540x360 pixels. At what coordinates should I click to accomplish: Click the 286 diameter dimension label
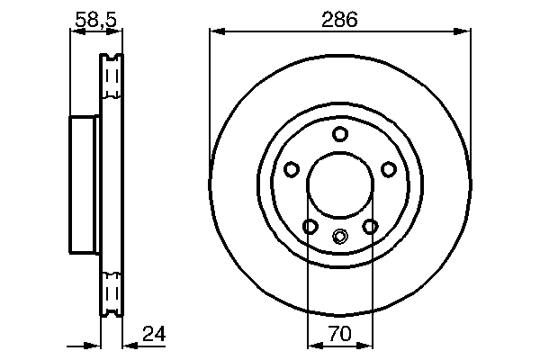pyautogui.click(x=339, y=18)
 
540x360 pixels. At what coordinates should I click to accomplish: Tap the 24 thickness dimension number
pyautogui.click(x=154, y=336)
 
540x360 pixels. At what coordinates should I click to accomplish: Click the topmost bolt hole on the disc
pyautogui.click(x=339, y=135)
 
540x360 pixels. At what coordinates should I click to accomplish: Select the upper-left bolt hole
pyautogui.click(x=291, y=169)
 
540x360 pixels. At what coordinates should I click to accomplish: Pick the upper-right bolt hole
pyautogui.click(x=389, y=169)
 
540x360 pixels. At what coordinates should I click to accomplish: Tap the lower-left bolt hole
pyautogui.click(x=310, y=227)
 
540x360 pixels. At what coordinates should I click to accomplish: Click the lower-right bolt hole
pyautogui.click(x=370, y=227)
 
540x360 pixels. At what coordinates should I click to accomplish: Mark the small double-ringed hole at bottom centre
pyautogui.click(x=339, y=238)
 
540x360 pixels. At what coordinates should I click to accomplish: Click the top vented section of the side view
pyautogui.click(x=112, y=81)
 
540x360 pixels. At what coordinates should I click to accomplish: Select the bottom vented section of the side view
pyautogui.click(x=112, y=292)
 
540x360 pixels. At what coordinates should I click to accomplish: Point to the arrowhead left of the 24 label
pyautogui.click(x=127, y=345)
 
